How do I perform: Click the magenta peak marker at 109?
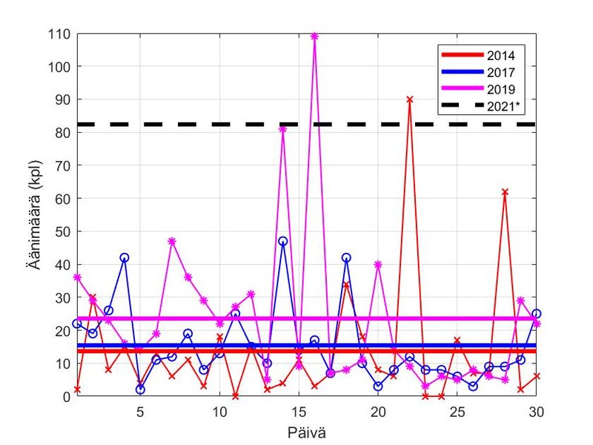[x=314, y=36]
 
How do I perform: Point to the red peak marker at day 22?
[x=409, y=99]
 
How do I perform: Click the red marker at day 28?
[x=505, y=191]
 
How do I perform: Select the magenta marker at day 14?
[x=282, y=129]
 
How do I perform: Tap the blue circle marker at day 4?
[x=124, y=257]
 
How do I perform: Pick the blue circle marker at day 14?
[x=282, y=241]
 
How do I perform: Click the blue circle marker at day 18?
[x=346, y=257]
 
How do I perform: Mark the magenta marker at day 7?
[x=172, y=241]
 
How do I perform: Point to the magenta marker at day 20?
[x=378, y=264]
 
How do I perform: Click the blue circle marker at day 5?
[x=140, y=389]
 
